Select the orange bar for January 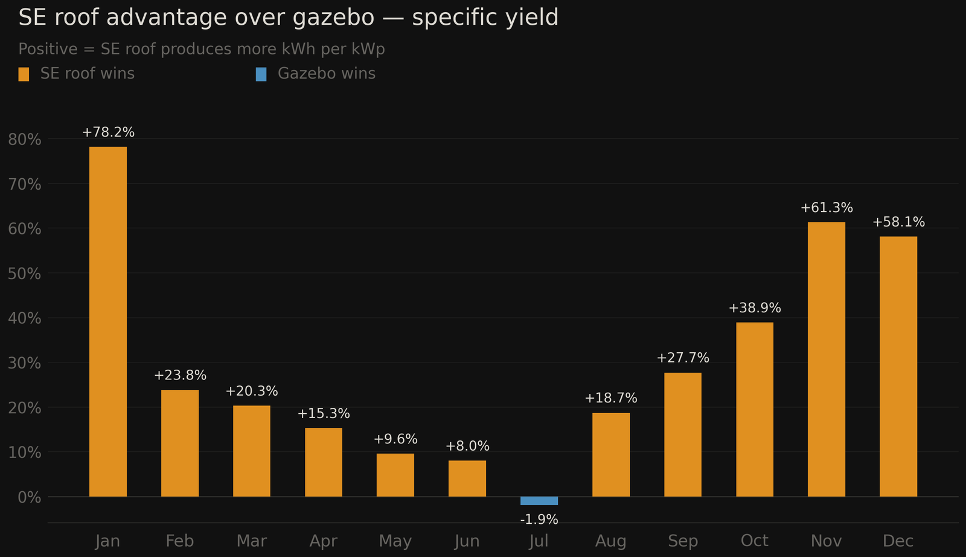(108, 321)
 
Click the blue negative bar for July (539, 501)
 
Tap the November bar (827, 359)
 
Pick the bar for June (467, 478)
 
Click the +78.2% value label (108, 132)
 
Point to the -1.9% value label (539, 520)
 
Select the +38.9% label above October (755, 308)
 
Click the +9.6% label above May (395, 439)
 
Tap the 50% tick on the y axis (25, 274)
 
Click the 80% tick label (25, 140)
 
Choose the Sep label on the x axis (683, 541)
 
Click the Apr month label (324, 541)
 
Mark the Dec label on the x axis (898, 541)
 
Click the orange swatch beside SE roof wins (24, 74)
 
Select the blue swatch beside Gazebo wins (261, 74)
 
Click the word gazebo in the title (333, 18)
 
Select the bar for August (611, 454)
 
